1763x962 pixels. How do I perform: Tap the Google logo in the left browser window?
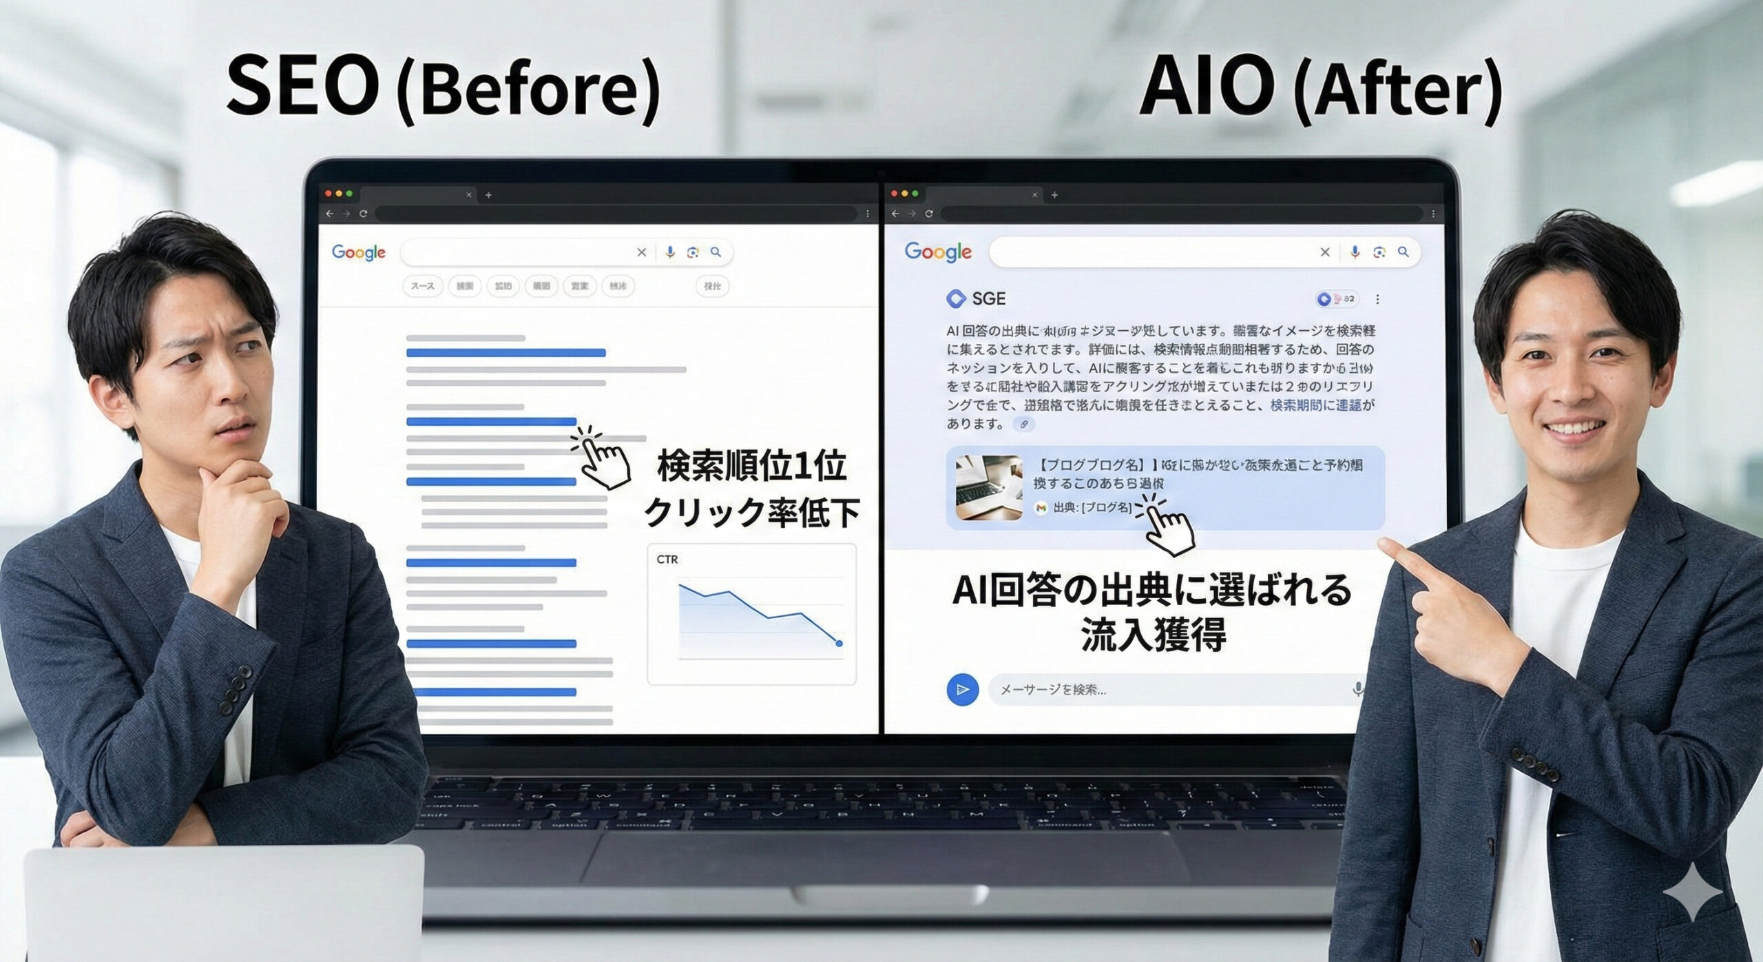click(359, 252)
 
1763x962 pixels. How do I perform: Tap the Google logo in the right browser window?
click(938, 252)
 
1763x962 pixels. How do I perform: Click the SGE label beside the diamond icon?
click(988, 298)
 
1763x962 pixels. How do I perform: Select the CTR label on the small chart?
click(667, 559)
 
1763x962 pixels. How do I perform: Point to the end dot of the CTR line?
click(838, 643)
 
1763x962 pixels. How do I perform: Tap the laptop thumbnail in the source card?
click(989, 488)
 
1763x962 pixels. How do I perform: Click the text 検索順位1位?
click(751, 467)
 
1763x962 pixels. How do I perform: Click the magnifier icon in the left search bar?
click(716, 252)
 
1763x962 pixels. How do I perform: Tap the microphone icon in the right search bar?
click(1355, 252)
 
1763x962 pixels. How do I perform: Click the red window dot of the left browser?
click(328, 194)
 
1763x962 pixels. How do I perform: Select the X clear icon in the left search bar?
click(641, 252)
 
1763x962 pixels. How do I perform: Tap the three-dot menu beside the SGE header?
click(1377, 299)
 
